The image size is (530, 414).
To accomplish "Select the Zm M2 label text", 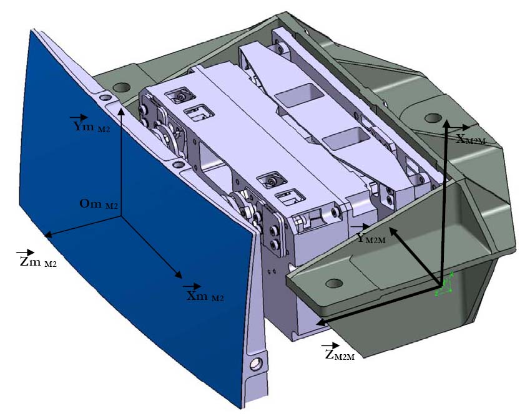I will pyautogui.click(x=37, y=262).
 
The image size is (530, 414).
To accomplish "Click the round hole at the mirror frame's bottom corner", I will pyautogui.click(x=254, y=363).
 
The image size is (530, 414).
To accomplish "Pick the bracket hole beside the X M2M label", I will pyautogui.click(x=429, y=118).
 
